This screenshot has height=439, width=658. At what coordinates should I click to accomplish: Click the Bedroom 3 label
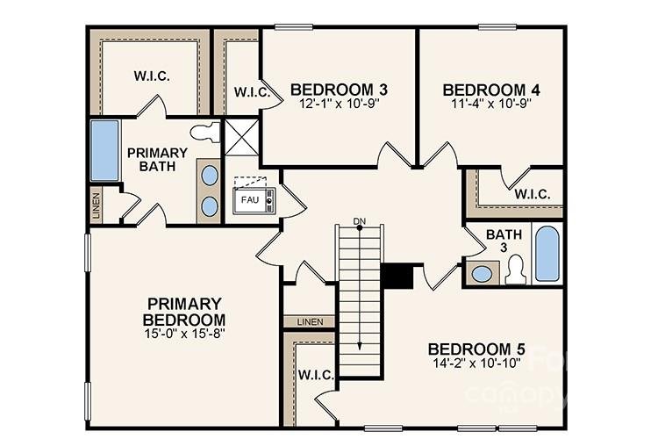click(x=340, y=90)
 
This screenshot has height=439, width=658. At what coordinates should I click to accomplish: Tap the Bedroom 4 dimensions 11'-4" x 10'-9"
click(x=490, y=103)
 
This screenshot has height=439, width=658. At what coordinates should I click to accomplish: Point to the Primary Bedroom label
click(x=184, y=311)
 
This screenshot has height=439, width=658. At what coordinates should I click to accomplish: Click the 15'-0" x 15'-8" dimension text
click(x=184, y=334)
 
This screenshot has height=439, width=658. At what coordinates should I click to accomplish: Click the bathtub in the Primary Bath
click(x=104, y=150)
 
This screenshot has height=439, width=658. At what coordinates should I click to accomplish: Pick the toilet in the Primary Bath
click(x=205, y=133)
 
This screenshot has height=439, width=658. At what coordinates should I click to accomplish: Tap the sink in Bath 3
click(x=482, y=273)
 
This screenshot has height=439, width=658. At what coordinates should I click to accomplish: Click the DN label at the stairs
click(x=359, y=220)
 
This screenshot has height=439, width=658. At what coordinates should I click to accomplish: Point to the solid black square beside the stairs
click(x=397, y=275)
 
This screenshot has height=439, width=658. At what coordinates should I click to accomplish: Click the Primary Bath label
click(x=157, y=159)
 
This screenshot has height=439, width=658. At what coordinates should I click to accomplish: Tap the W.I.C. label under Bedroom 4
click(x=532, y=194)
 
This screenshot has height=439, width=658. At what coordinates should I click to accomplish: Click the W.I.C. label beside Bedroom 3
click(x=251, y=91)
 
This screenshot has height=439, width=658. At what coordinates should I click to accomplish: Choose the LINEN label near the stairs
click(x=310, y=321)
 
